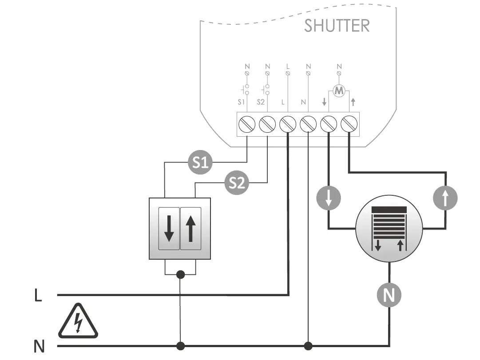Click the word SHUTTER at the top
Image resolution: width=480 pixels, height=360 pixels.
tap(337, 26)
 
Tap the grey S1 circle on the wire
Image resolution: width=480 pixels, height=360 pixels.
tap(201, 163)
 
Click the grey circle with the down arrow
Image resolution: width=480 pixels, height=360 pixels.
tap(329, 198)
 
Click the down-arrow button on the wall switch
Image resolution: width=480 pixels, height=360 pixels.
tap(169, 228)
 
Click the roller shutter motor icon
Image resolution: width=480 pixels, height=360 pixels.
tap(389, 228)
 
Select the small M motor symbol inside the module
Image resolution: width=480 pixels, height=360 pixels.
tap(339, 91)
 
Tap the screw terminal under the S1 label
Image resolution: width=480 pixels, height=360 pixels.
tap(247, 124)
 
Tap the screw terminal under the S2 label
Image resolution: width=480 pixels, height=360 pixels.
tap(267, 124)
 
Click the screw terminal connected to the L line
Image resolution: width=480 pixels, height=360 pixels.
tap(288, 124)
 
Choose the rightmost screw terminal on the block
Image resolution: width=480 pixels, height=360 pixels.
tap(349, 124)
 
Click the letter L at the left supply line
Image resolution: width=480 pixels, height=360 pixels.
tap(38, 296)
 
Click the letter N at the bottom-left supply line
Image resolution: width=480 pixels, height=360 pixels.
tap(39, 346)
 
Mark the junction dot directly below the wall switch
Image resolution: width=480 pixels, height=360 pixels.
tap(180, 275)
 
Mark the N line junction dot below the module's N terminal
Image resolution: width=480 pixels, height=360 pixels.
tap(308, 345)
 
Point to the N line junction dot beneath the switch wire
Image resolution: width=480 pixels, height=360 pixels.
tap(180, 345)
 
